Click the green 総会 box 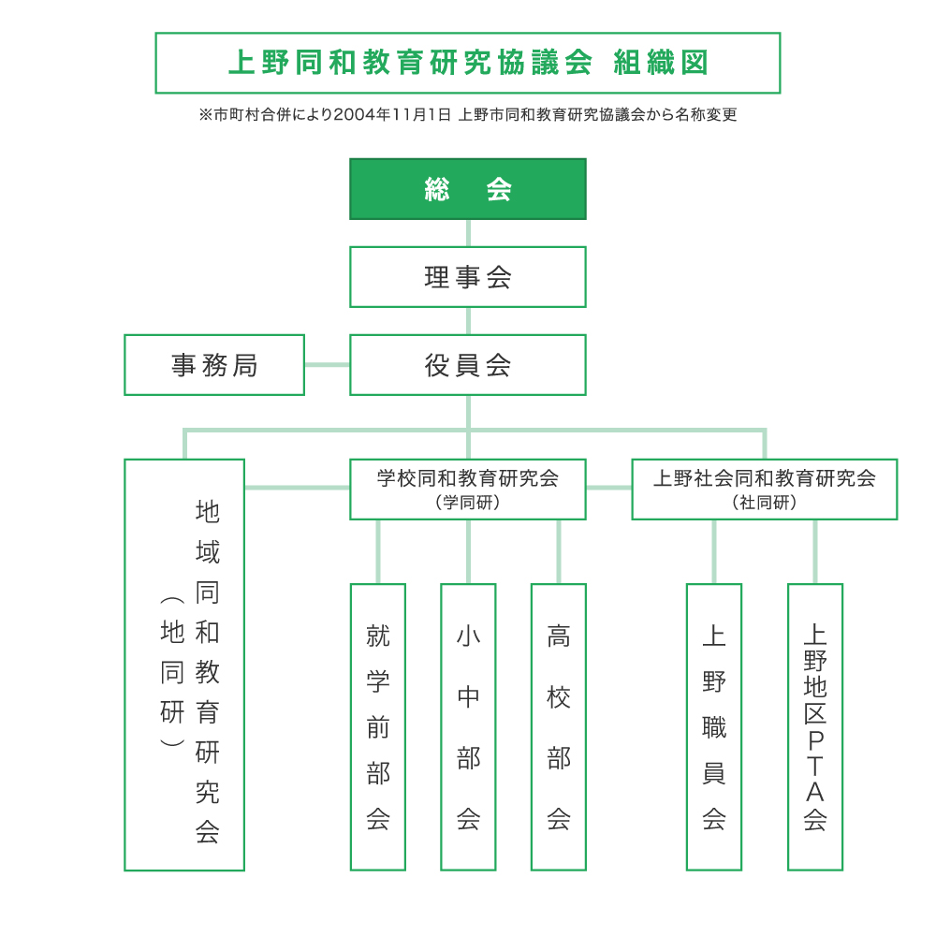click(468, 189)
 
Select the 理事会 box click(468, 277)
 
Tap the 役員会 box click(468, 365)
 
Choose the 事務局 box click(214, 365)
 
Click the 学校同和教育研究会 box click(468, 490)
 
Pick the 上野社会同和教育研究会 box click(765, 490)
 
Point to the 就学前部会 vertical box click(378, 727)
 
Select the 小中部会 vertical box click(468, 727)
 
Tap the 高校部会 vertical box click(559, 727)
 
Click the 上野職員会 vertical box click(714, 727)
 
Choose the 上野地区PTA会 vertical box click(815, 727)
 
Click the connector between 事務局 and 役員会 click(327, 365)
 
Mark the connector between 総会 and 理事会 click(468, 233)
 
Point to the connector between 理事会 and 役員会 click(468, 320)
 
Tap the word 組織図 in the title click(662, 63)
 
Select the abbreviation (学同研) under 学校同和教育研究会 click(468, 503)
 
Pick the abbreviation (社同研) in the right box click(765, 503)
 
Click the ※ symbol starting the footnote click(205, 114)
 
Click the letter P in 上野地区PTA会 click(815, 740)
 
